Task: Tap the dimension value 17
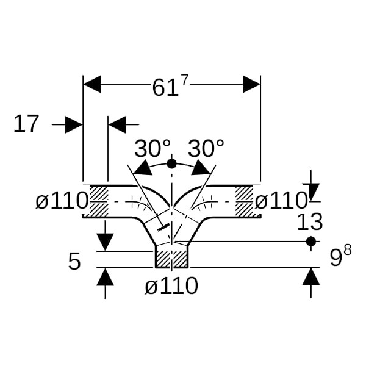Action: [x=26, y=124]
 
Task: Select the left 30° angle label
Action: [x=152, y=148]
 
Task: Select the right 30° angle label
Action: [x=206, y=148]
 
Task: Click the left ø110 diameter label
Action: [x=62, y=201]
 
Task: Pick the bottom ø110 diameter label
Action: [x=171, y=285]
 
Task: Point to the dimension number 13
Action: [x=309, y=222]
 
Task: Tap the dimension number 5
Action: [x=74, y=262]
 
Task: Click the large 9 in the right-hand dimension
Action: [x=335, y=259]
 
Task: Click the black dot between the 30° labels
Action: [x=171, y=163]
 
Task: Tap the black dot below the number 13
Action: [x=311, y=242]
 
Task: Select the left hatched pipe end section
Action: [x=99, y=200]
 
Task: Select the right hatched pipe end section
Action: [x=245, y=200]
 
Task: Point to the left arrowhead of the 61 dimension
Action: [x=91, y=84]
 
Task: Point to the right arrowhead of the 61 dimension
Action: [x=251, y=84]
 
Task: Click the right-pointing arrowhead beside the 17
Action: [x=74, y=125]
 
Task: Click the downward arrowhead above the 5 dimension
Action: [x=106, y=242]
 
